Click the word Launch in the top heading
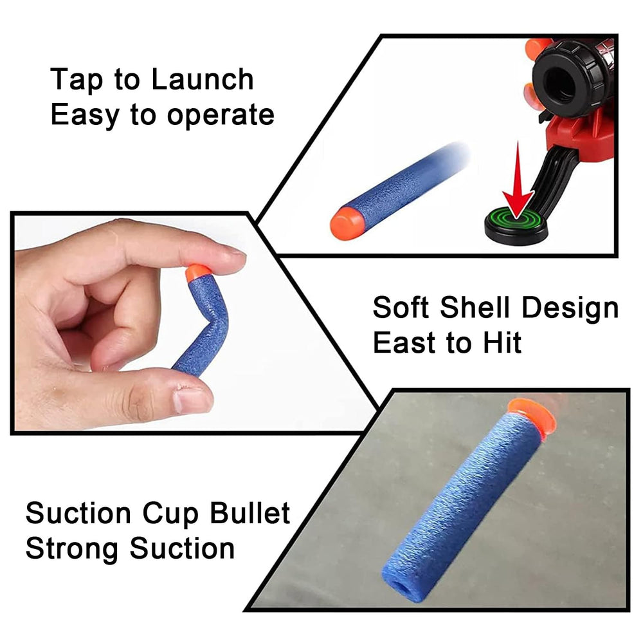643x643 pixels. tap(203, 79)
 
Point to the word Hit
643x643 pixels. tap(502, 342)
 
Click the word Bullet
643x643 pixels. tap(250, 513)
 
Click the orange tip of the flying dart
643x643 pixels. tap(347, 222)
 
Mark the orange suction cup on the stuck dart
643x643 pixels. tap(532, 418)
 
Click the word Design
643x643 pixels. tap(570, 308)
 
